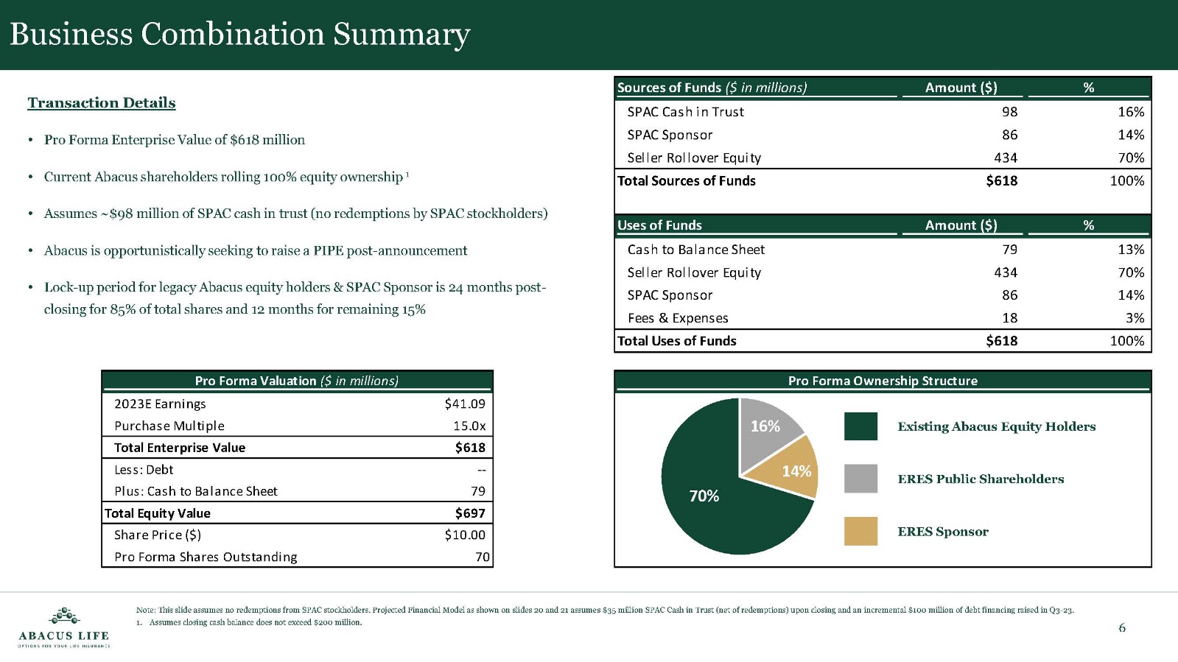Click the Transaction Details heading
click(102, 103)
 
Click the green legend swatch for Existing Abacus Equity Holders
click(860, 426)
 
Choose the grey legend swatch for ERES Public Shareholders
click(860, 479)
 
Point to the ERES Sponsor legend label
click(943, 532)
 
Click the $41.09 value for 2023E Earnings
click(465, 404)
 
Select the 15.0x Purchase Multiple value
click(469, 426)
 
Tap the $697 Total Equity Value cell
click(470, 513)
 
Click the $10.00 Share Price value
click(465, 535)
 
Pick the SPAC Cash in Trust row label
click(685, 112)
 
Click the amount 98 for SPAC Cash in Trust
click(1009, 112)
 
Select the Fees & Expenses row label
click(678, 318)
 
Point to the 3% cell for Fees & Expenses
click(1135, 318)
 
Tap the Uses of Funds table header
click(659, 225)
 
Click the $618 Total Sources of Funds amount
click(1001, 181)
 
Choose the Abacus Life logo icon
click(64, 616)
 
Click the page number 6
click(1122, 628)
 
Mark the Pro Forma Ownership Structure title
click(883, 381)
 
